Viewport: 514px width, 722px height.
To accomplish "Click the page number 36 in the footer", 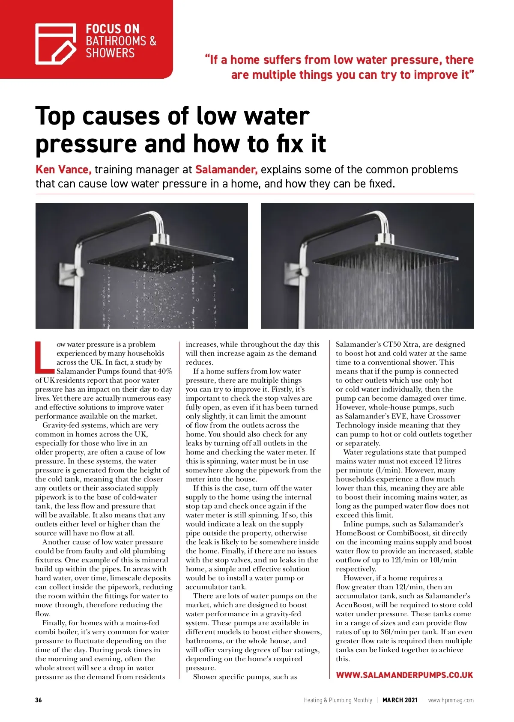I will coord(39,700).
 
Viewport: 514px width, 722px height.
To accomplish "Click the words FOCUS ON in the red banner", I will coord(113,29).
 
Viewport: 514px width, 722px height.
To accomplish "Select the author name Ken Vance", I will coord(63,169).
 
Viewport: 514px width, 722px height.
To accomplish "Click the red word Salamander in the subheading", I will coord(226,169).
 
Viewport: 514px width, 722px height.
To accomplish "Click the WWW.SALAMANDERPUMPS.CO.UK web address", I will coord(404,675).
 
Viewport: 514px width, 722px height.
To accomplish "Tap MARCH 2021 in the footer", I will coord(400,700).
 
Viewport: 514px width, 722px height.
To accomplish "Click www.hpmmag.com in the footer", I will coord(451,700).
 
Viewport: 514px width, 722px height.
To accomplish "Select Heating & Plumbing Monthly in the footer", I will coord(338,700).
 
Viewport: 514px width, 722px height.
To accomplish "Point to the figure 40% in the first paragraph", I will coord(165,371).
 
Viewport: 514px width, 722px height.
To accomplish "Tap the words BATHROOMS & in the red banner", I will coord(121,41).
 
